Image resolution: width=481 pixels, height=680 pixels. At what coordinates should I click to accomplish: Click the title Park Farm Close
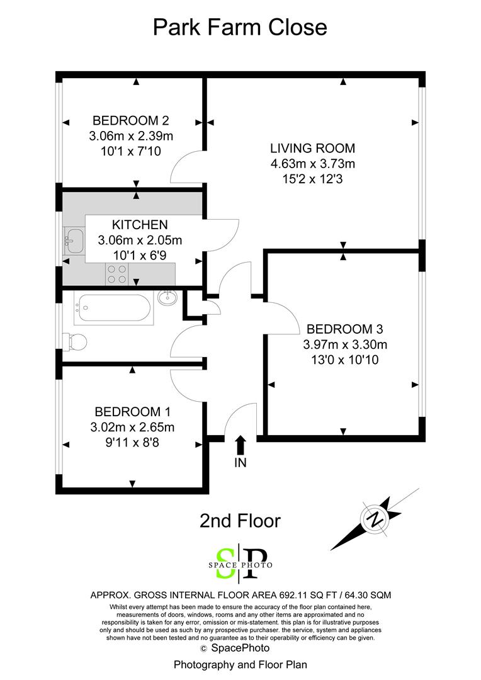241,27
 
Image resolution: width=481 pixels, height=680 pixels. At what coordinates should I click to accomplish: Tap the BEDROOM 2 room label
131,120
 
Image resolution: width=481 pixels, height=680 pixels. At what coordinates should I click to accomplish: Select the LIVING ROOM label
312,149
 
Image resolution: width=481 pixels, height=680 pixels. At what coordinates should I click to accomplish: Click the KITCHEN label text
140,225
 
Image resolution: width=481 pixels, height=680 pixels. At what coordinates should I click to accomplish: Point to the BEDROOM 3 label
344,329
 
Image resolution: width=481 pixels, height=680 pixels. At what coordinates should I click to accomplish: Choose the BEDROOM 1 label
132,412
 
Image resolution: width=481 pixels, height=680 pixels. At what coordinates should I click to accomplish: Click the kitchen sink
75,239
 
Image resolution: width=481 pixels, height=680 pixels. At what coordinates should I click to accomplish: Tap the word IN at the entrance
241,463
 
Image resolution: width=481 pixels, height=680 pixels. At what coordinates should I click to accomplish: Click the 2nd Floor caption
240,521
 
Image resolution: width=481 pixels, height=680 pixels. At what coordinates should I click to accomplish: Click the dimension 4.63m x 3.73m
312,164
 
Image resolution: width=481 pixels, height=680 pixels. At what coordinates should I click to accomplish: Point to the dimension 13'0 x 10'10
344,360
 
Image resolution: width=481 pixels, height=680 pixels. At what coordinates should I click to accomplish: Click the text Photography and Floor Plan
240,664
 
